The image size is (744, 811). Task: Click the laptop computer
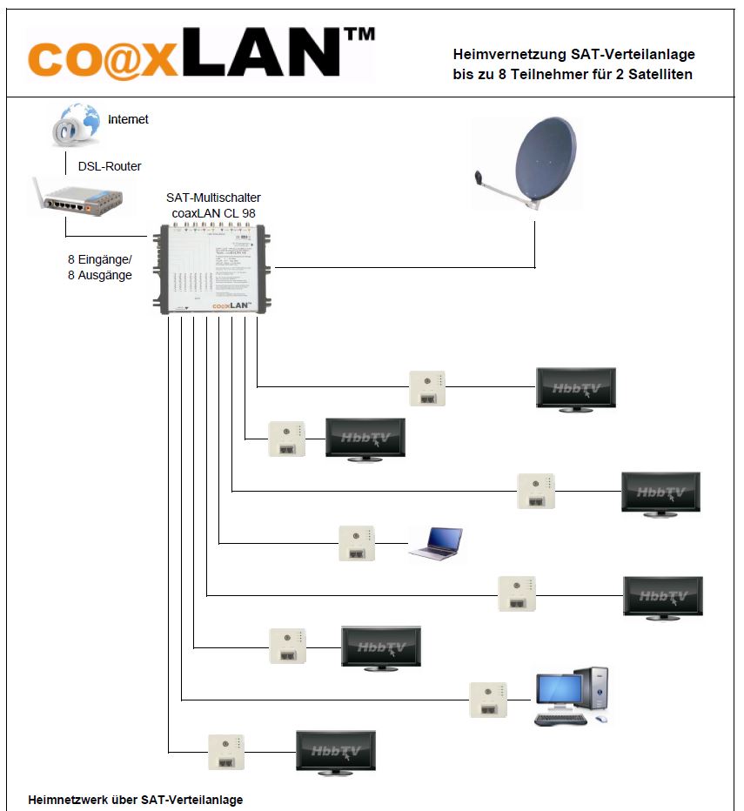tap(436, 542)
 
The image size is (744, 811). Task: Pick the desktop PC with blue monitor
tap(571, 696)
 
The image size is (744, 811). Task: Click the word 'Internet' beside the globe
tap(128, 119)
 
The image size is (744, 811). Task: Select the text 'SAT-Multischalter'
tap(213, 198)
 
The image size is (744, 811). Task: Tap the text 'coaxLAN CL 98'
tap(213, 212)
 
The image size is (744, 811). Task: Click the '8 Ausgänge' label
tap(100, 275)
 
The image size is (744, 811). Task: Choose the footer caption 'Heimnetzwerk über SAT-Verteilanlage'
tap(136, 799)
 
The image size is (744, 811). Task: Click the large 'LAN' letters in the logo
tap(269, 53)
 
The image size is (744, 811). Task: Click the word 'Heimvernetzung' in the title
tap(508, 55)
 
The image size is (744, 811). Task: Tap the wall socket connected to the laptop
tap(357, 543)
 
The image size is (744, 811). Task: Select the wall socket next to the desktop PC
tap(488, 700)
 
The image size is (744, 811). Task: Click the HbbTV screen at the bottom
tap(336, 750)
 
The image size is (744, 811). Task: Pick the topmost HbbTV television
tap(575, 388)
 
